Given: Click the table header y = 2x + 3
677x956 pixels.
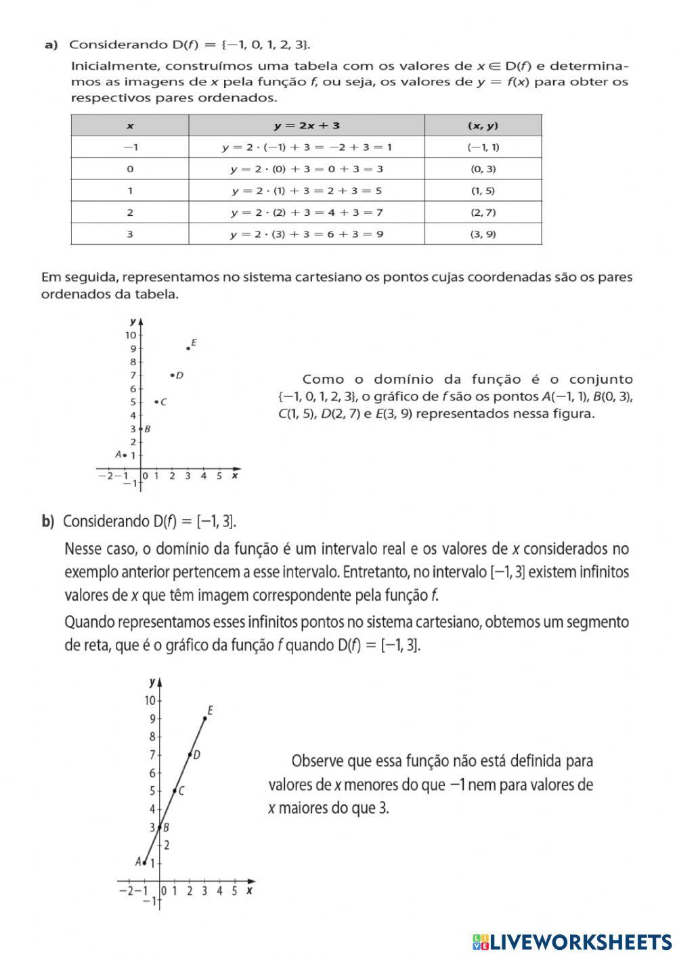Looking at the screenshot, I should point(307,125).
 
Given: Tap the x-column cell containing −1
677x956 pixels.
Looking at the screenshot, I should point(129,147).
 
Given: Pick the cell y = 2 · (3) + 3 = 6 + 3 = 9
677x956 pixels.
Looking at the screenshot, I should point(307,234).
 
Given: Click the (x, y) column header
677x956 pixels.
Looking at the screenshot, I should point(483,125).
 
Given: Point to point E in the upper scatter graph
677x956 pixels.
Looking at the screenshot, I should point(188,348).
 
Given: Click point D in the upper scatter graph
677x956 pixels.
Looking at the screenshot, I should point(172,375).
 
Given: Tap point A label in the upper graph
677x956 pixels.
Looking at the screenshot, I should point(118,455).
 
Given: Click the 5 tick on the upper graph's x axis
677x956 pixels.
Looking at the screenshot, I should point(219,476).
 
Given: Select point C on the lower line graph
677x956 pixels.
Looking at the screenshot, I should point(175,790).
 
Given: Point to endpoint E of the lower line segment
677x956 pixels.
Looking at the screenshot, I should point(204,718).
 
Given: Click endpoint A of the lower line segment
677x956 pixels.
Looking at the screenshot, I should point(144,863).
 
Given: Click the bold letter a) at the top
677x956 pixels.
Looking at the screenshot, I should point(50,45).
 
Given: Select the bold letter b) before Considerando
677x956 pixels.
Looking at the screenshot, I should point(47,521).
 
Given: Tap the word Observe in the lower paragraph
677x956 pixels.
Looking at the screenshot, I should point(317,761).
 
